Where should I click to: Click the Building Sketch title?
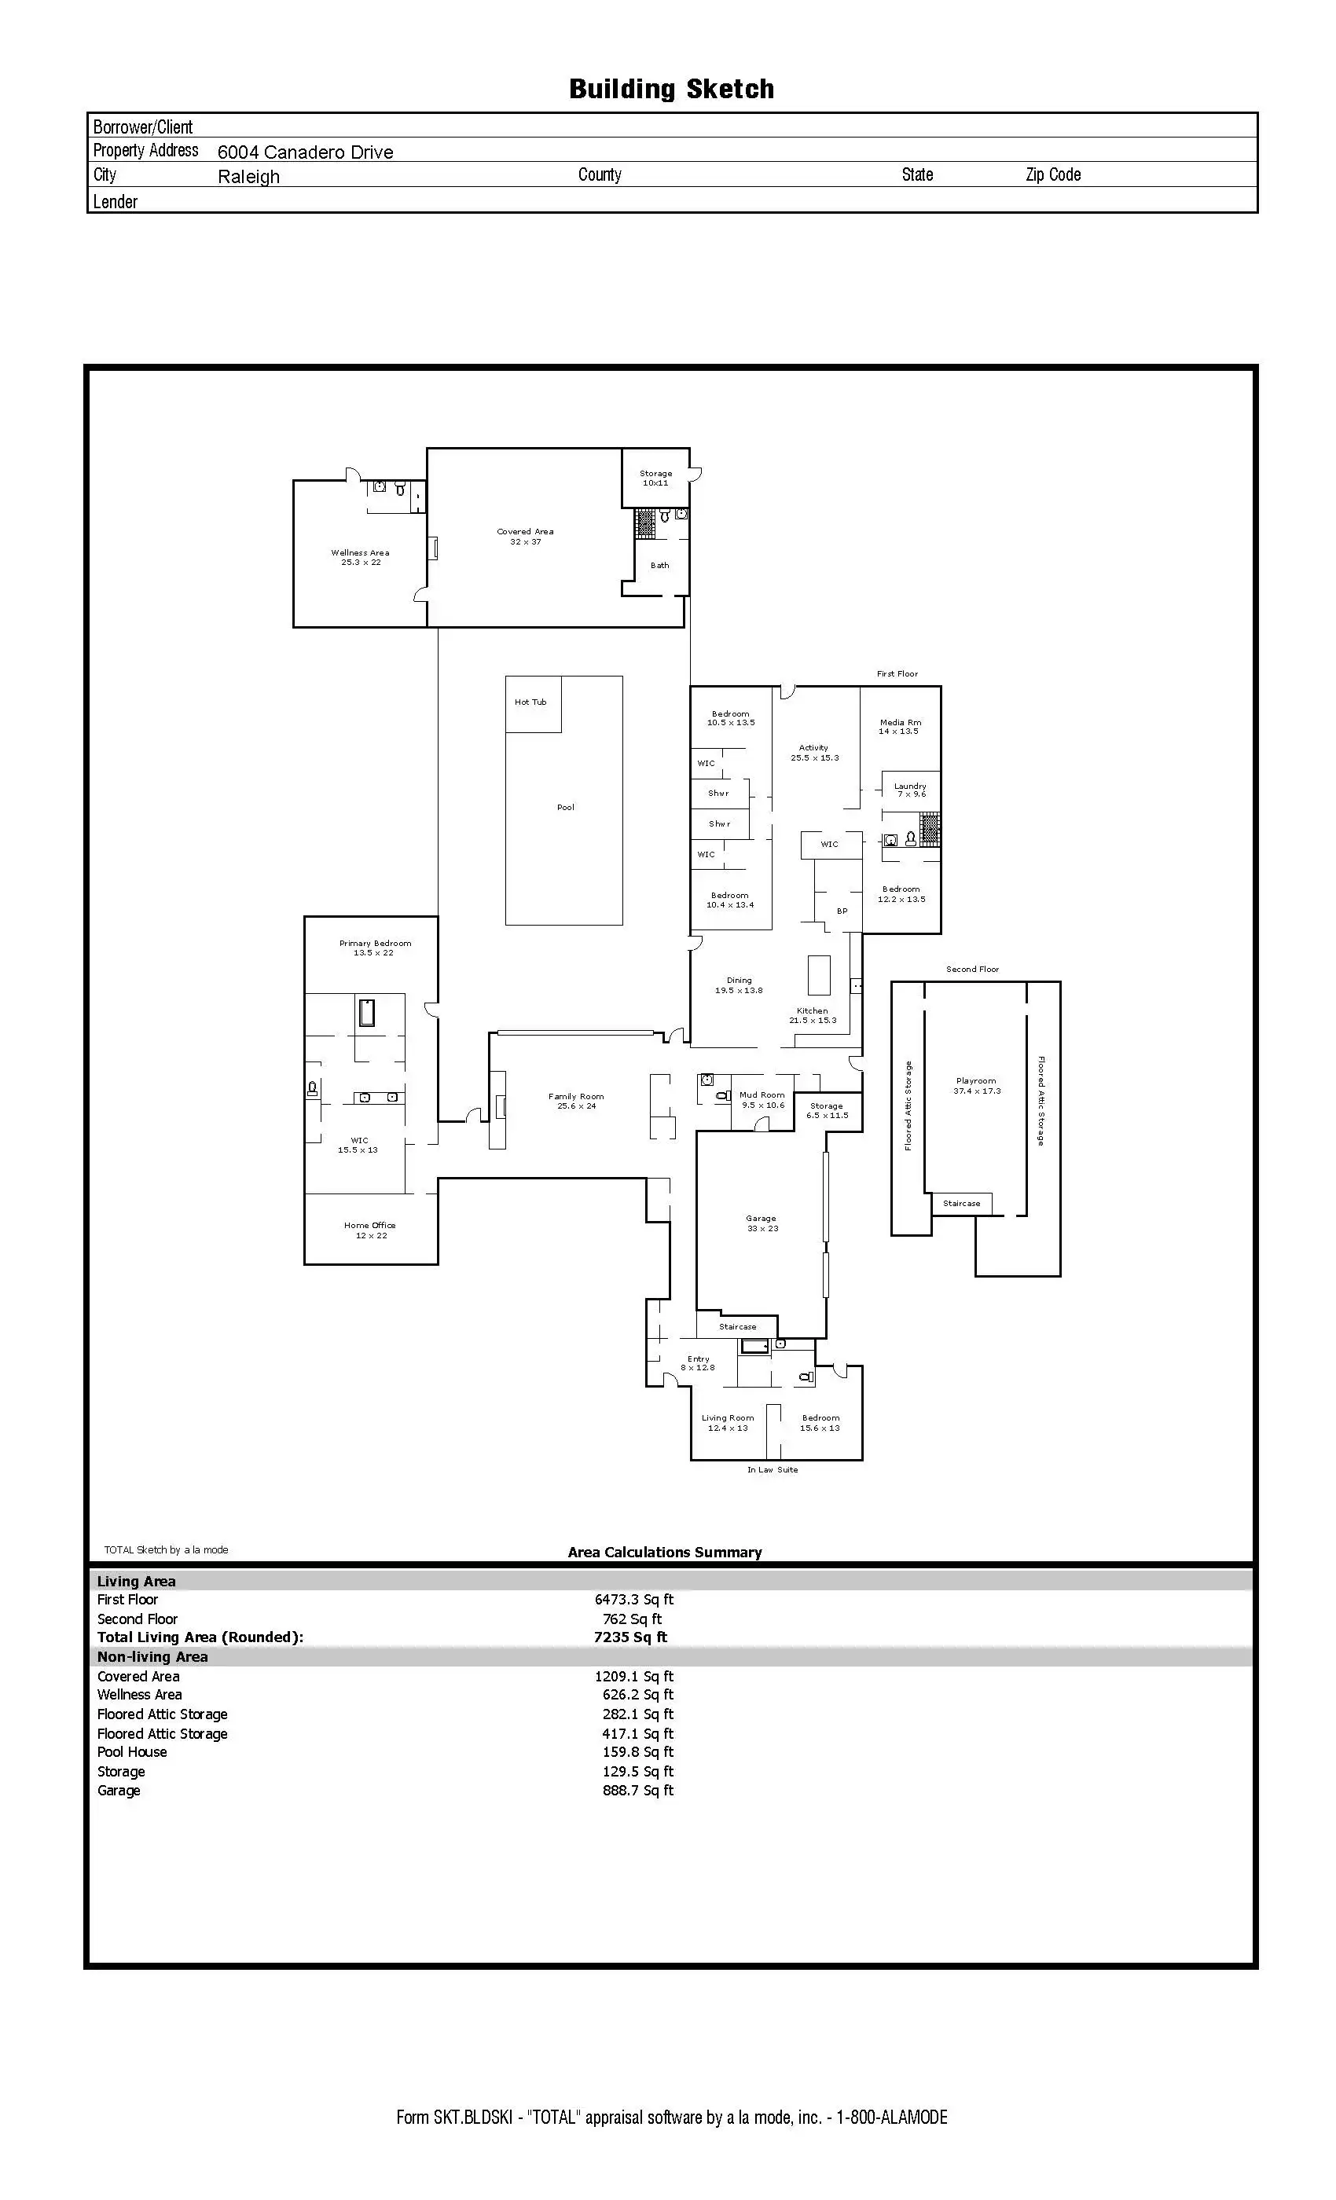(x=672, y=90)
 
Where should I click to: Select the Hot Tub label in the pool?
(x=530, y=702)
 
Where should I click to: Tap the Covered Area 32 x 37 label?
(x=525, y=537)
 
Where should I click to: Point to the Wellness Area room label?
(x=360, y=557)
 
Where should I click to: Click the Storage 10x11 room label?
(x=655, y=478)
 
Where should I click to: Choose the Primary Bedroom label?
(x=375, y=948)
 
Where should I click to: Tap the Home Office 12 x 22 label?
(x=369, y=1230)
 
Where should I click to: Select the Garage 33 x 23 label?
(x=762, y=1223)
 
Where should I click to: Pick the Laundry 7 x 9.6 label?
(x=911, y=790)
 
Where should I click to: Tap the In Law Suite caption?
(x=773, y=1469)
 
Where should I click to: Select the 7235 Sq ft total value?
(x=630, y=1637)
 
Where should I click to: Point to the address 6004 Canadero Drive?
(x=306, y=152)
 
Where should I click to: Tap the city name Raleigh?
(x=248, y=177)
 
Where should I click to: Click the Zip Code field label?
(x=1053, y=175)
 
